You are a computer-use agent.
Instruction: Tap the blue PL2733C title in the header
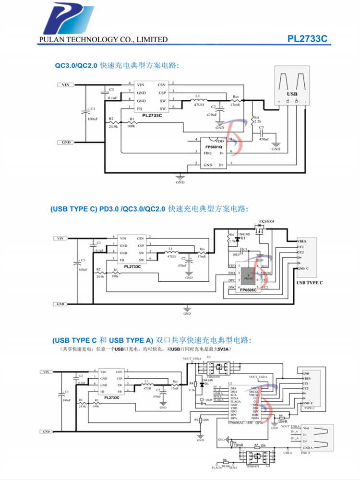tap(307, 39)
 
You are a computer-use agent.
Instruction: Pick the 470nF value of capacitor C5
tap(264, 139)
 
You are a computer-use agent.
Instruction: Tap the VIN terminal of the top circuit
tap(67, 85)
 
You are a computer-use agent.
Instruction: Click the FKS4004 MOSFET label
tap(267, 222)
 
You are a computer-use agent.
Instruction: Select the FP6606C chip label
tap(249, 290)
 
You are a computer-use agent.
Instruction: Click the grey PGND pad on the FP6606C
tap(248, 276)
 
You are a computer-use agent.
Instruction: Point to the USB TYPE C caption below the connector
tap(310, 283)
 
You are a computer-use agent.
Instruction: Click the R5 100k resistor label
tap(201, 419)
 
